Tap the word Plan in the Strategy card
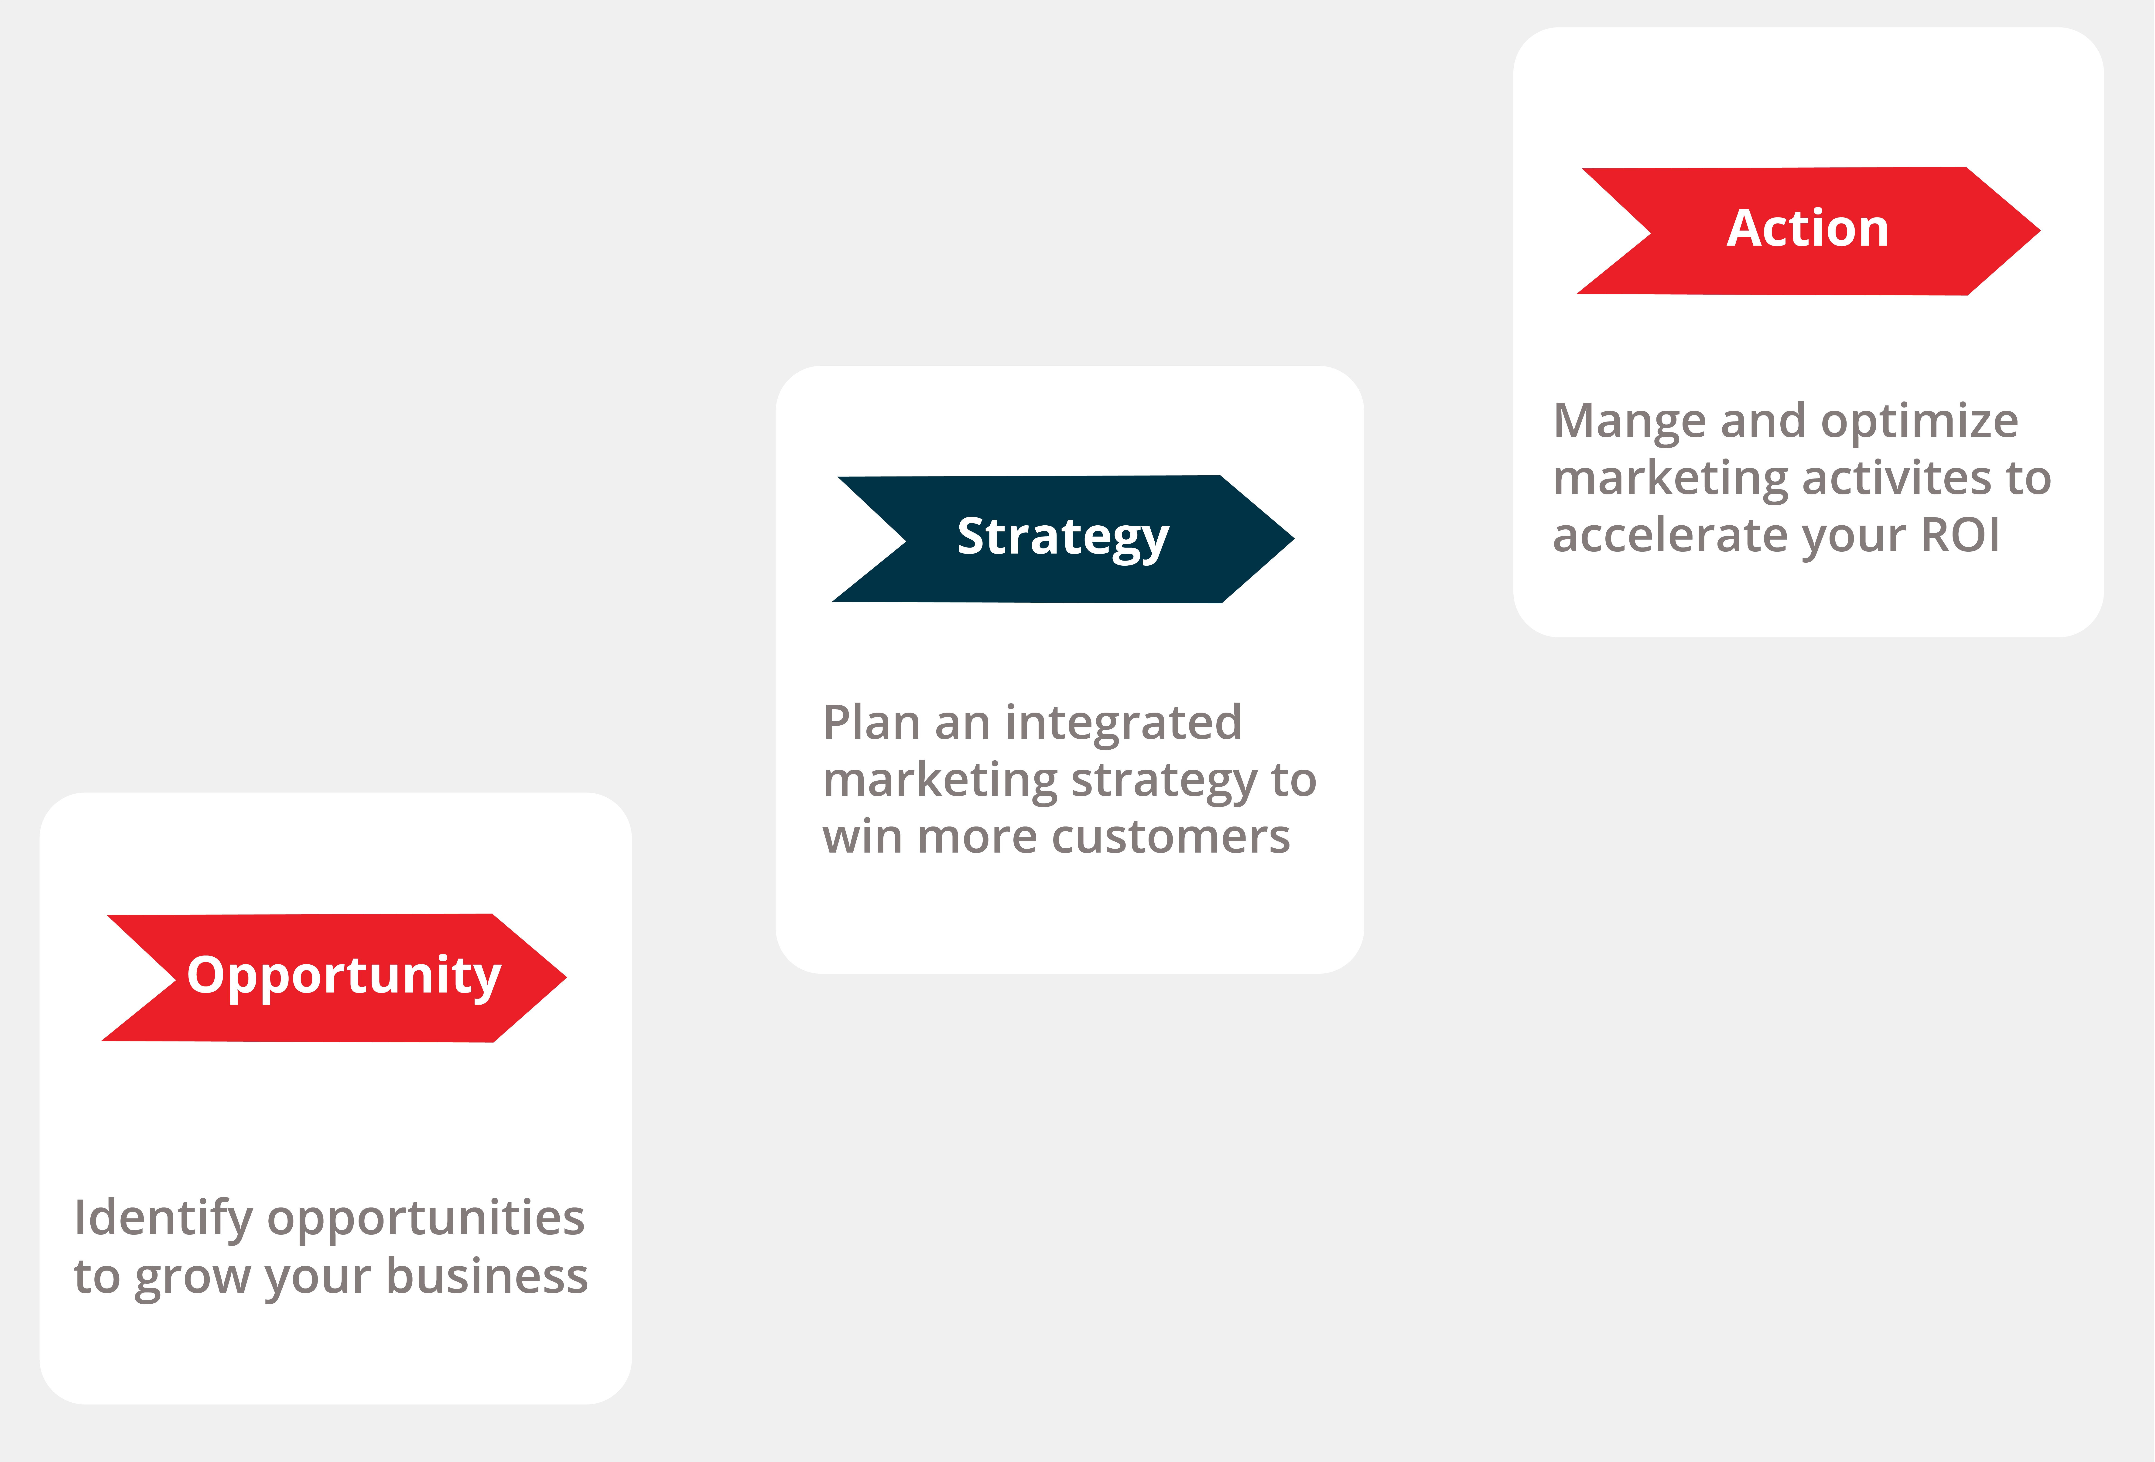pos(871,722)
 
